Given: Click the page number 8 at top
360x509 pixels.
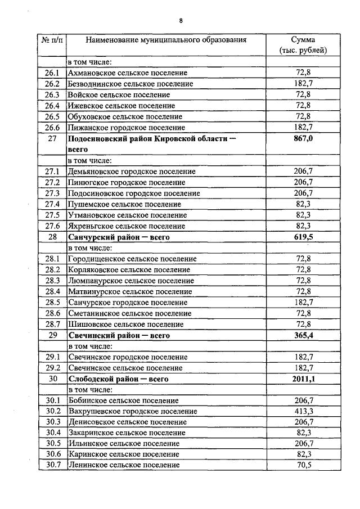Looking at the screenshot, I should click(181, 21).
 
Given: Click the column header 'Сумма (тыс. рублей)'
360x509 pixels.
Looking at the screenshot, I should click(303, 45).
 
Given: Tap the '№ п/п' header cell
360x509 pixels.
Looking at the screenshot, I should click(51, 40).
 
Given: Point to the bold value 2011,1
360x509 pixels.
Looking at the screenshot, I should click(303, 379).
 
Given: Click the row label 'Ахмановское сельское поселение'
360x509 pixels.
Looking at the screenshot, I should click(128, 73).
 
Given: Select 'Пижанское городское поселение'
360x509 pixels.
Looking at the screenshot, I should click(126, 127).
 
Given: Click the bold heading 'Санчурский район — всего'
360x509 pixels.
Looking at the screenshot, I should click(119, 237).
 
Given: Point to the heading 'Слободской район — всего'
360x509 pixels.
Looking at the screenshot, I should click(119, 379).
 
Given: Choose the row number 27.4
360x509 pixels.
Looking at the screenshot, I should click(52, 204).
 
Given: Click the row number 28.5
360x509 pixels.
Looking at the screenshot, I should click(52, 303).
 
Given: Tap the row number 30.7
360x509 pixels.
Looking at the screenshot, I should click(52, 466).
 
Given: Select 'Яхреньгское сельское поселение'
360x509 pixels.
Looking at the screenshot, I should click(127, 226).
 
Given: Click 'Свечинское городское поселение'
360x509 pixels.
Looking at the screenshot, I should click(128, 357).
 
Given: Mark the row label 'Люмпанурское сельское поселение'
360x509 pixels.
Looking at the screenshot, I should click(131, 281).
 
